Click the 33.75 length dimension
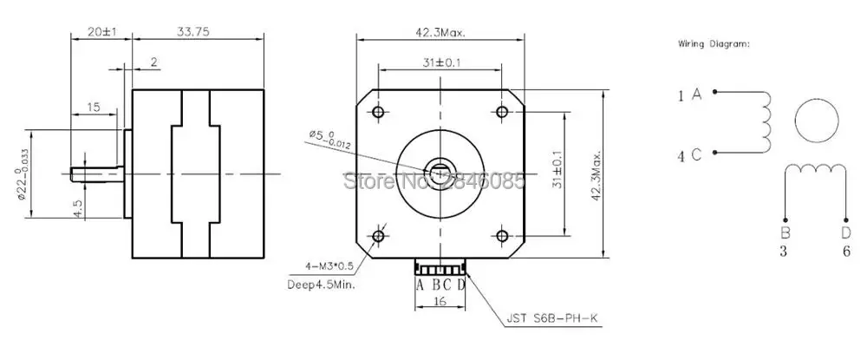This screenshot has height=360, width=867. (x=193, y=32)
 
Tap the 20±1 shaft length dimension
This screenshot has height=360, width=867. (x=101, y=32)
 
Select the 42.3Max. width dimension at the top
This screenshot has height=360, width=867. (x=440, y=32)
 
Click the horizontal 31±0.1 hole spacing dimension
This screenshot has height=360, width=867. (x=440, y=63)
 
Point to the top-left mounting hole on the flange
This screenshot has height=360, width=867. (x=378, y=112)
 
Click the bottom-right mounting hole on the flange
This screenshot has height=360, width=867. (x=502, y=236)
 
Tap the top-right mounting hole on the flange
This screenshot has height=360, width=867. (x=502, y=112)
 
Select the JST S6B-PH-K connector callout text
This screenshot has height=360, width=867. (x=552, y=318)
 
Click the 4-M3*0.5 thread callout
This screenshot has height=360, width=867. (x=329, y=266)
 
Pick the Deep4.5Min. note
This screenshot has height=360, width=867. (x=322, y=285)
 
